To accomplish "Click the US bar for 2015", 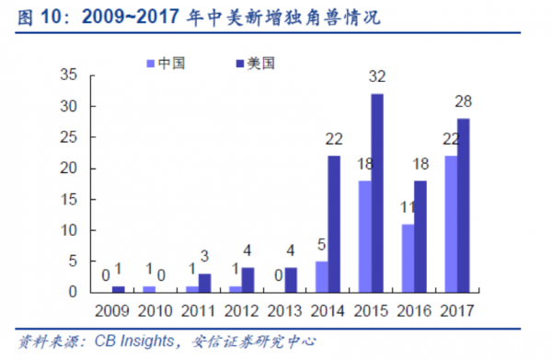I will (376, 192).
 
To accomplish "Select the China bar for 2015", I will (365, 236).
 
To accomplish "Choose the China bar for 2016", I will (408, 258).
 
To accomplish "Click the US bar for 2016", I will (420, 236).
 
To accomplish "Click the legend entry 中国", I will (168, 64).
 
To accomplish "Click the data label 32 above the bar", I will (376, 77).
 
